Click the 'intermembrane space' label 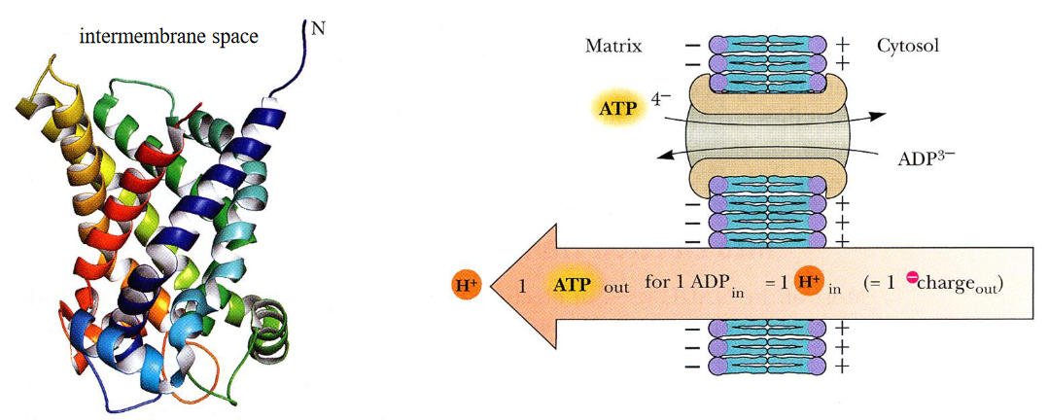pyautogui.click(x=168, y=38)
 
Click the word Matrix pyautogui.click(x=613, y=46)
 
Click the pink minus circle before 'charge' pyautogui.click(x=914, y=279)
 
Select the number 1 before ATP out pyautogui.click(x=522, y=286)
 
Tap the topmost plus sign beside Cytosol pyautogui.click(x=843, y=45)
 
